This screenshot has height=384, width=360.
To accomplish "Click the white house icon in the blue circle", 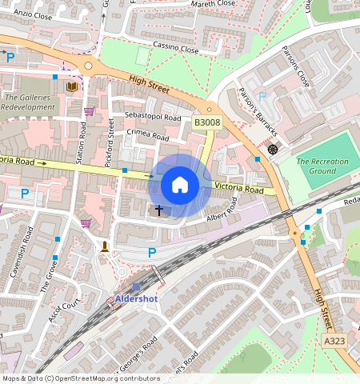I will (x=180, y=186).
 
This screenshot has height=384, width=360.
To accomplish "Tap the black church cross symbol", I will (x=158, y=210).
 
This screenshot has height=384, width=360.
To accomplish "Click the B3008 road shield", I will (x=206, y=122).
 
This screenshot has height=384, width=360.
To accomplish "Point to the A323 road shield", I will (x=336, y=342).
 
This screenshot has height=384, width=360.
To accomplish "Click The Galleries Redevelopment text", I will (x=28, y=102).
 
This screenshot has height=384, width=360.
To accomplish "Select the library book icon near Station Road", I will (x=72, y=86).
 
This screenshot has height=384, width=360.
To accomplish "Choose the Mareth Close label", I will (x=214, y=3).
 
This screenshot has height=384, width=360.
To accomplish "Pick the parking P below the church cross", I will (x=152, y=253).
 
